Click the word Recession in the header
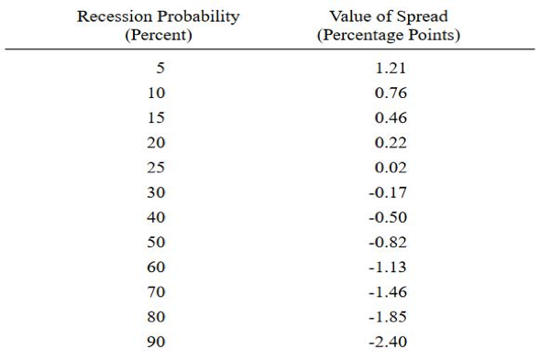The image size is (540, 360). (115, 16)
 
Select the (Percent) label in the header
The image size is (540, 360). (159, 35)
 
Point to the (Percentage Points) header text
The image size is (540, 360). (389, 35)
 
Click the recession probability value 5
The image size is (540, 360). (160, 68)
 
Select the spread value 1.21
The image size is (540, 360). (391, 68)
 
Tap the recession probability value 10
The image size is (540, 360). (157, 93)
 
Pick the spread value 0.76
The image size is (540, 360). (391, 93)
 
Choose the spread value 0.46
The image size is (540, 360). (391, 117)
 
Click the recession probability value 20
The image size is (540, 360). (156, 143)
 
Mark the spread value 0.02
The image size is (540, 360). (391, 168)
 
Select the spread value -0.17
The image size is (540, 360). (388, 192)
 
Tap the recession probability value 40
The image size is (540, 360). (156, 217)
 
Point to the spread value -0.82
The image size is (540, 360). (388, 243)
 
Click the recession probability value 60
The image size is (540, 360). (156, 267)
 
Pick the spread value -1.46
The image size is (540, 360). (388, 292)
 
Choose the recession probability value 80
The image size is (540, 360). (156, 317)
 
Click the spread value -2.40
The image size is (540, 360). (388, 342)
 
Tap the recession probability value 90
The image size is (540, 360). (156, 342)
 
